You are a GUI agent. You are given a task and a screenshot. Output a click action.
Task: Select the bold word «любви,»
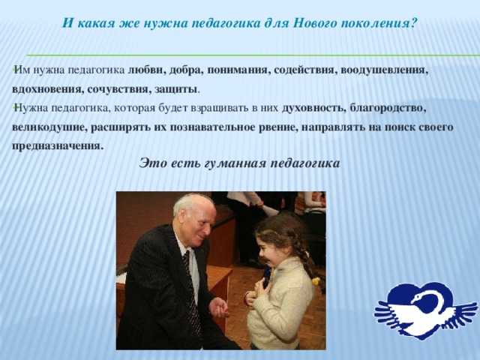coord(145,70)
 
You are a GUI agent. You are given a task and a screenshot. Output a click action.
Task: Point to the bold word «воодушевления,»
coord(384,70)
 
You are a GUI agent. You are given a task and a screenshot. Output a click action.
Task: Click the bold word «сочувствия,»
coord(118,90)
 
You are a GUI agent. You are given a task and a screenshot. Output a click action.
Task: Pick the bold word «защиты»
coord(175,90)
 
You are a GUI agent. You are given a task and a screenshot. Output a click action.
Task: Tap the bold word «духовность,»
coord(313,108)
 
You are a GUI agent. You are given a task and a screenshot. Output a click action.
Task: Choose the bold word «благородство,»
coord(388,108)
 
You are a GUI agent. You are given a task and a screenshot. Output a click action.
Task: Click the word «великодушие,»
coord(49,127)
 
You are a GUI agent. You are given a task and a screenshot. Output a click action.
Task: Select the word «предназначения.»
coord(57,146)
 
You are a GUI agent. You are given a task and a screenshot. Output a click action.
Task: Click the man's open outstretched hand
coord(218,308)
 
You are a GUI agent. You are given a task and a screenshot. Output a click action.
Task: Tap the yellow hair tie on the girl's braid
coord(316,280)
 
